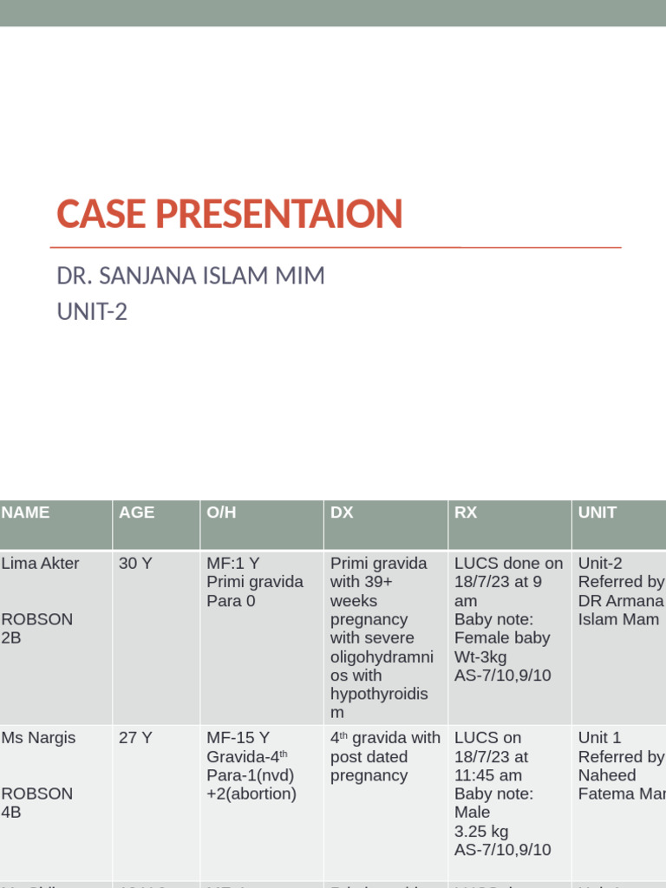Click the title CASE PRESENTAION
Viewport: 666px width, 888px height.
tap(230, 214)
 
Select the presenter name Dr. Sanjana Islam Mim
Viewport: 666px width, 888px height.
tap(191, 277)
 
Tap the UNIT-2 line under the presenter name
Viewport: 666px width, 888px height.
tap(92, 311)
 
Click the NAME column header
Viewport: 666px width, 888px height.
tap(26, 513)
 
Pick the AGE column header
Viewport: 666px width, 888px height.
tap(137, 513)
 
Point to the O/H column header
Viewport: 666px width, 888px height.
tap(221, 513)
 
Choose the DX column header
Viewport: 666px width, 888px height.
tap(342, 513)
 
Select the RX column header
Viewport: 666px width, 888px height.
tap(466, 513)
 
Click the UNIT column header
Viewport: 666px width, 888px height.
tap(597, 513)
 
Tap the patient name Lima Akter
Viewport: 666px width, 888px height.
tap(40, 564)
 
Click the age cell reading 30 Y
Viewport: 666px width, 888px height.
tap(135, 564)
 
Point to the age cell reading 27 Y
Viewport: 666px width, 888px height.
tap(135, 738)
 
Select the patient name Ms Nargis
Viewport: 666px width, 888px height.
tap(38, 738)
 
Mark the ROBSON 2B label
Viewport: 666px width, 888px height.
tap(36, 629)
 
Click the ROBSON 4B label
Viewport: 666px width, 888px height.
tap(36, 803)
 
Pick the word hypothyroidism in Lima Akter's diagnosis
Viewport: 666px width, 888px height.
tap(379, 703)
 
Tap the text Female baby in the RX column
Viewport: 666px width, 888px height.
tap(502, 638)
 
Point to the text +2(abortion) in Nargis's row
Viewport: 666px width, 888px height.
tap(251, 794)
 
